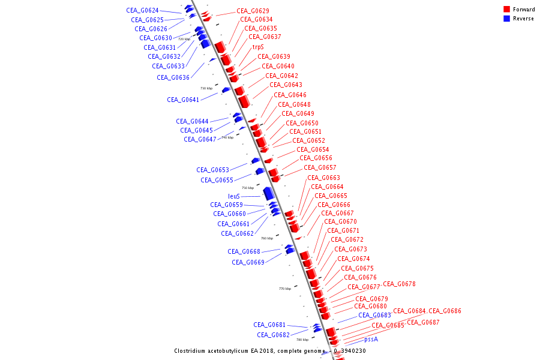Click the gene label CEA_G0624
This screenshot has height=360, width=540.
pyautogui.click(x=142, y=11)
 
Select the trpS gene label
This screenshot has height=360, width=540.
pyautogui.click(x=258, y=47)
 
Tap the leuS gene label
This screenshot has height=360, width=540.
pyautogui.click(x=234, y=196)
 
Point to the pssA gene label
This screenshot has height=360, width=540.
pyautogui.click(x=371, y=339)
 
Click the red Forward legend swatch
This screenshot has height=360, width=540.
pyautogui.click(x=506, y=10)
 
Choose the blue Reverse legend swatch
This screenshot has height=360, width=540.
pyautogui.click(x=506, y=19)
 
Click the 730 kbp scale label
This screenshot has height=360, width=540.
pyautogui.click(x=206, y=88)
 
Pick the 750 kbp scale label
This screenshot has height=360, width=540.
pyautogui.click(x=248, y=188)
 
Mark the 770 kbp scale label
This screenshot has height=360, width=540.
pyautogui.click(x=285, y=289)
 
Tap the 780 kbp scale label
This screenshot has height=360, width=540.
pyautogui.click(x=302, y=340)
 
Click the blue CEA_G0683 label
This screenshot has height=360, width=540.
pyautogui.click(x=374, y=315)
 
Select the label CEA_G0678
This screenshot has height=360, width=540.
pyautogui.click(x=399, y=284)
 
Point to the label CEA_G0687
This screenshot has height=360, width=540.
pyautogui.click(x=423, y=323)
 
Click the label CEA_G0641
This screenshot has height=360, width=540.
pyautogui.click(x=183, y=100)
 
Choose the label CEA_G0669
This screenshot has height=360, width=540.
pyautogui.click(x=248, y=262)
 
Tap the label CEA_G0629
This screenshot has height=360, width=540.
pyautogui.click(x=253, y=11)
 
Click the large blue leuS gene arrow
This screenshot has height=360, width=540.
pyautogui.click(x=268, y=193)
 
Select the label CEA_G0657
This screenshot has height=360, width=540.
pyautogui.click(x=320, y=167)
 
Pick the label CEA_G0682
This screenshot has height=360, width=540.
pyautogui.click(x=273, y=335)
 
